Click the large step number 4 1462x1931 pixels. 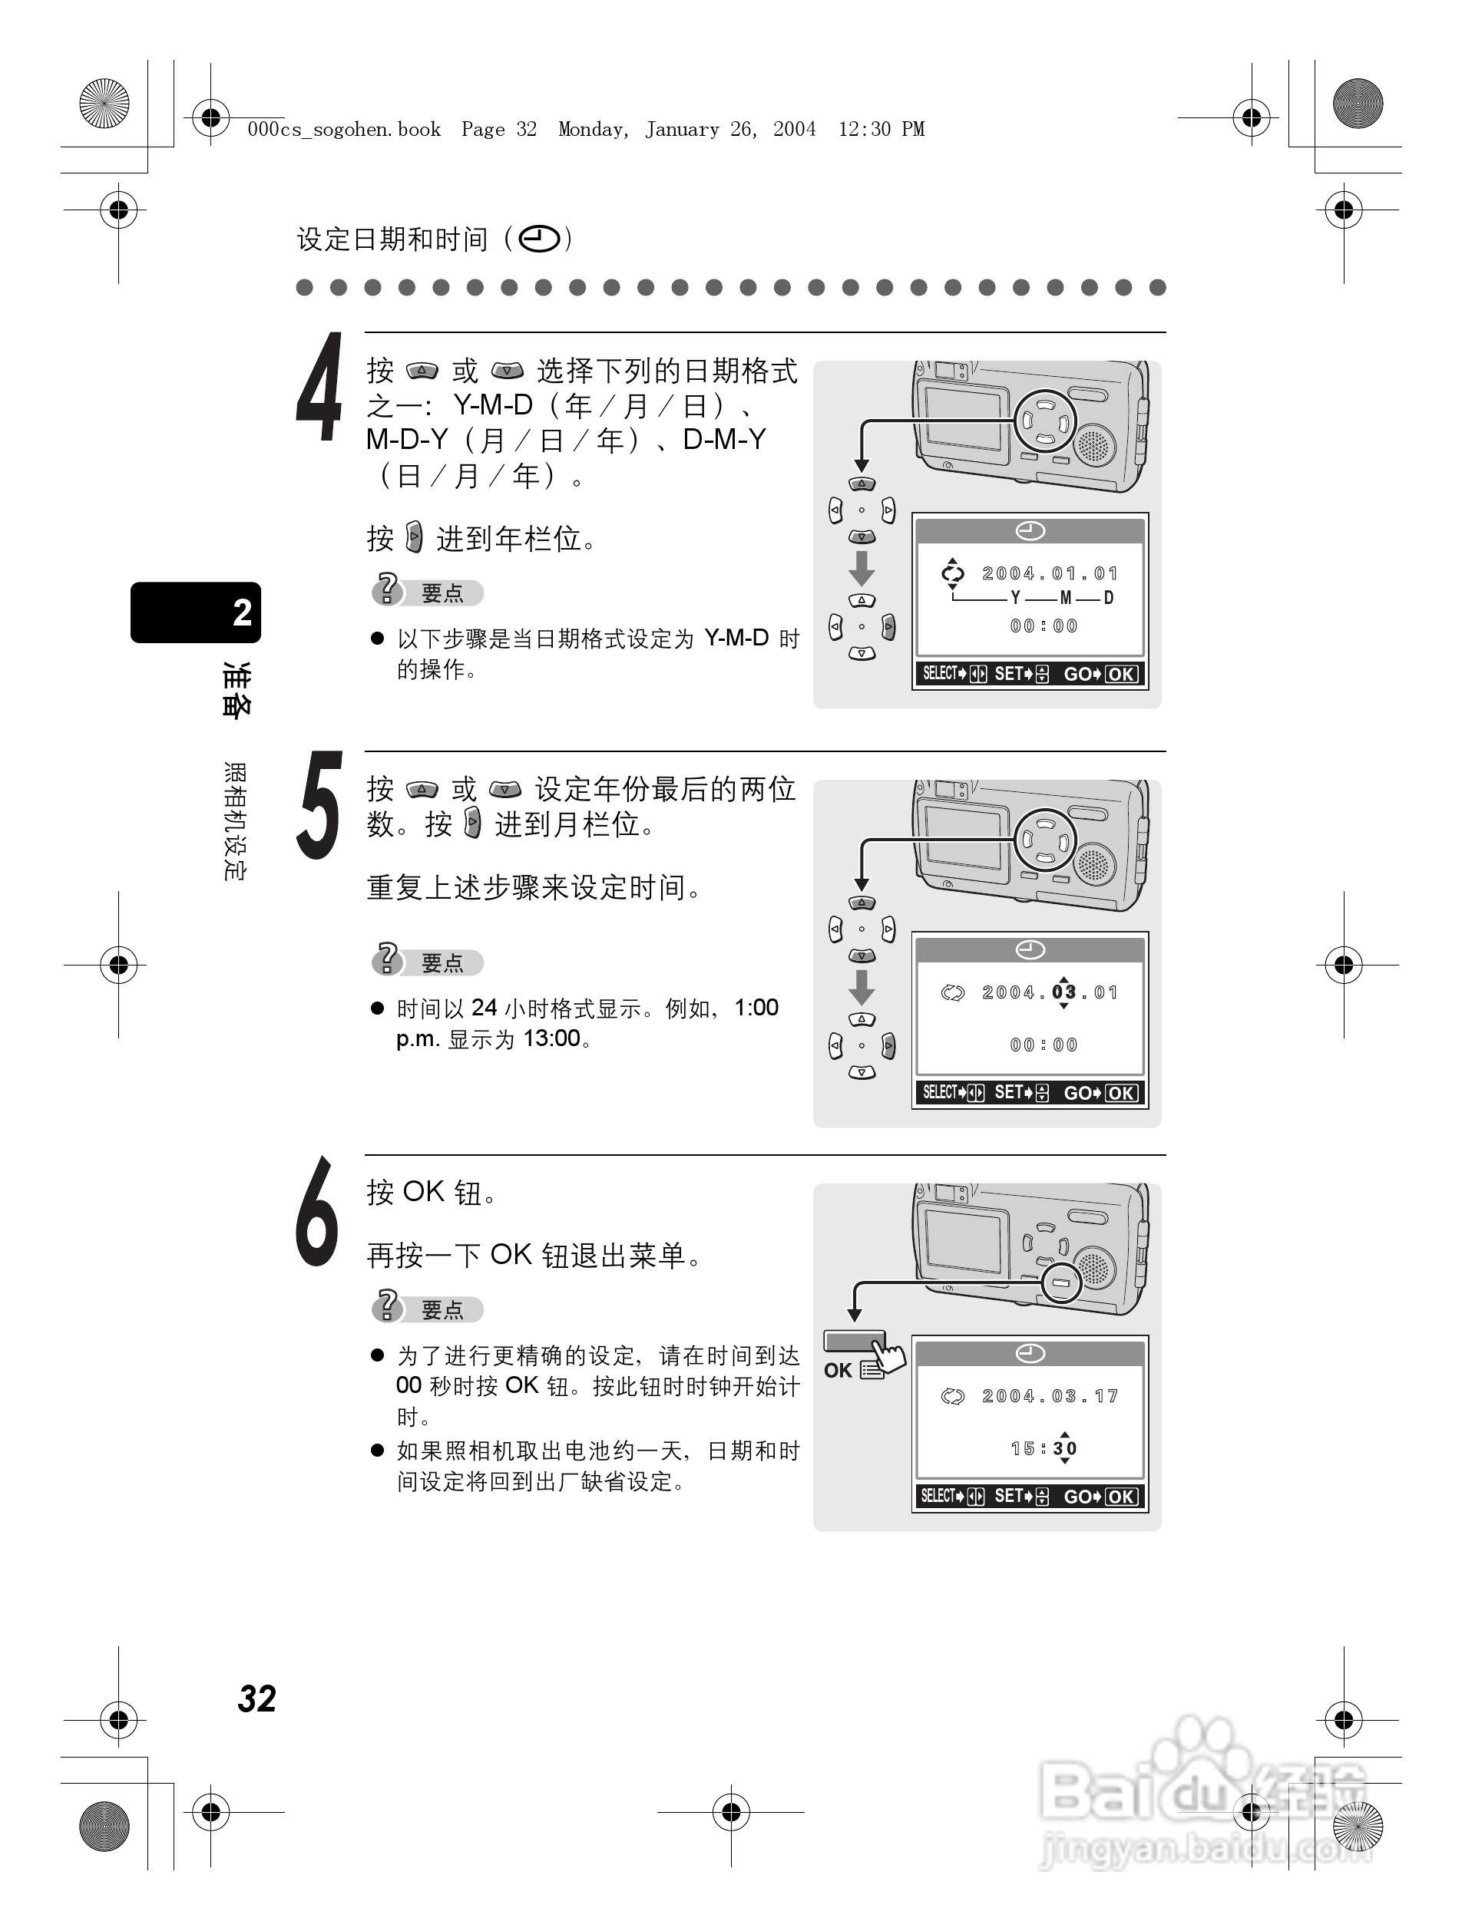pyautogui.click(x=319, y=388)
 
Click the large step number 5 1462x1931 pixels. pyautogui.click(x=319, y=806)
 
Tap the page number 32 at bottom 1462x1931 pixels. pyautogui.click(x=256, y=1698)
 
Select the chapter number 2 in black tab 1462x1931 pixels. pyautogui.click(x=242, y=612)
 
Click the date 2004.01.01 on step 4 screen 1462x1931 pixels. pyautogui.click(x=1049, y=573)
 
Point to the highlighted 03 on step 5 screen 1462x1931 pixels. pyautogui.click(x=1063, y=992)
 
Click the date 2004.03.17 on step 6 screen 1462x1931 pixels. pyautogui.click(x=1049, y=1396)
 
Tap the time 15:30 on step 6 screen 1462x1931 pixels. pyautogui.click(x=1044, y=1448)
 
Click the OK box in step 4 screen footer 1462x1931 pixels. pyautogui.click(x=1120, y=674)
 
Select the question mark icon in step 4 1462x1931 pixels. pyautogui.click(x=387, y=589)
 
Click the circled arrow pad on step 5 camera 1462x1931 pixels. pyautogui.click(x=1045, y=840)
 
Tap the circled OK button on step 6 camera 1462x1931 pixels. pyautogui.click(x=1061, y=1282)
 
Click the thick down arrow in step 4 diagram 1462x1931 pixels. pyautogui.click(x=861, y=567)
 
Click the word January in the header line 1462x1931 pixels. pyautogui.click(x=681, y=129)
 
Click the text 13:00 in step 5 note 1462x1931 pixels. pyautogui.click(x=551, y=1038)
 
